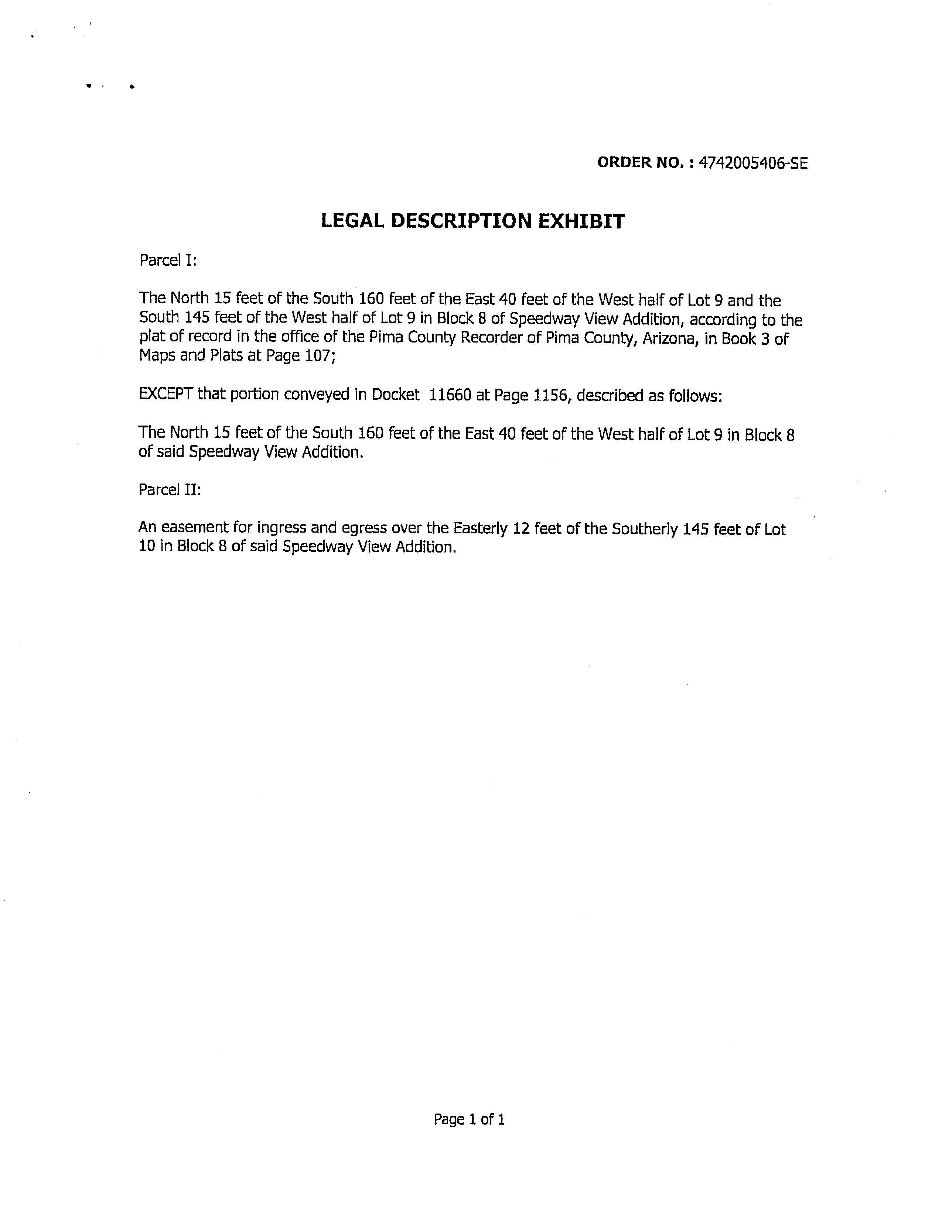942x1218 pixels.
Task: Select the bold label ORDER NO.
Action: tap(642, 162)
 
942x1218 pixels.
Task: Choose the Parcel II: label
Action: tap(170, 490)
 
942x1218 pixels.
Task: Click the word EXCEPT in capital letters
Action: tap(166, 394)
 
